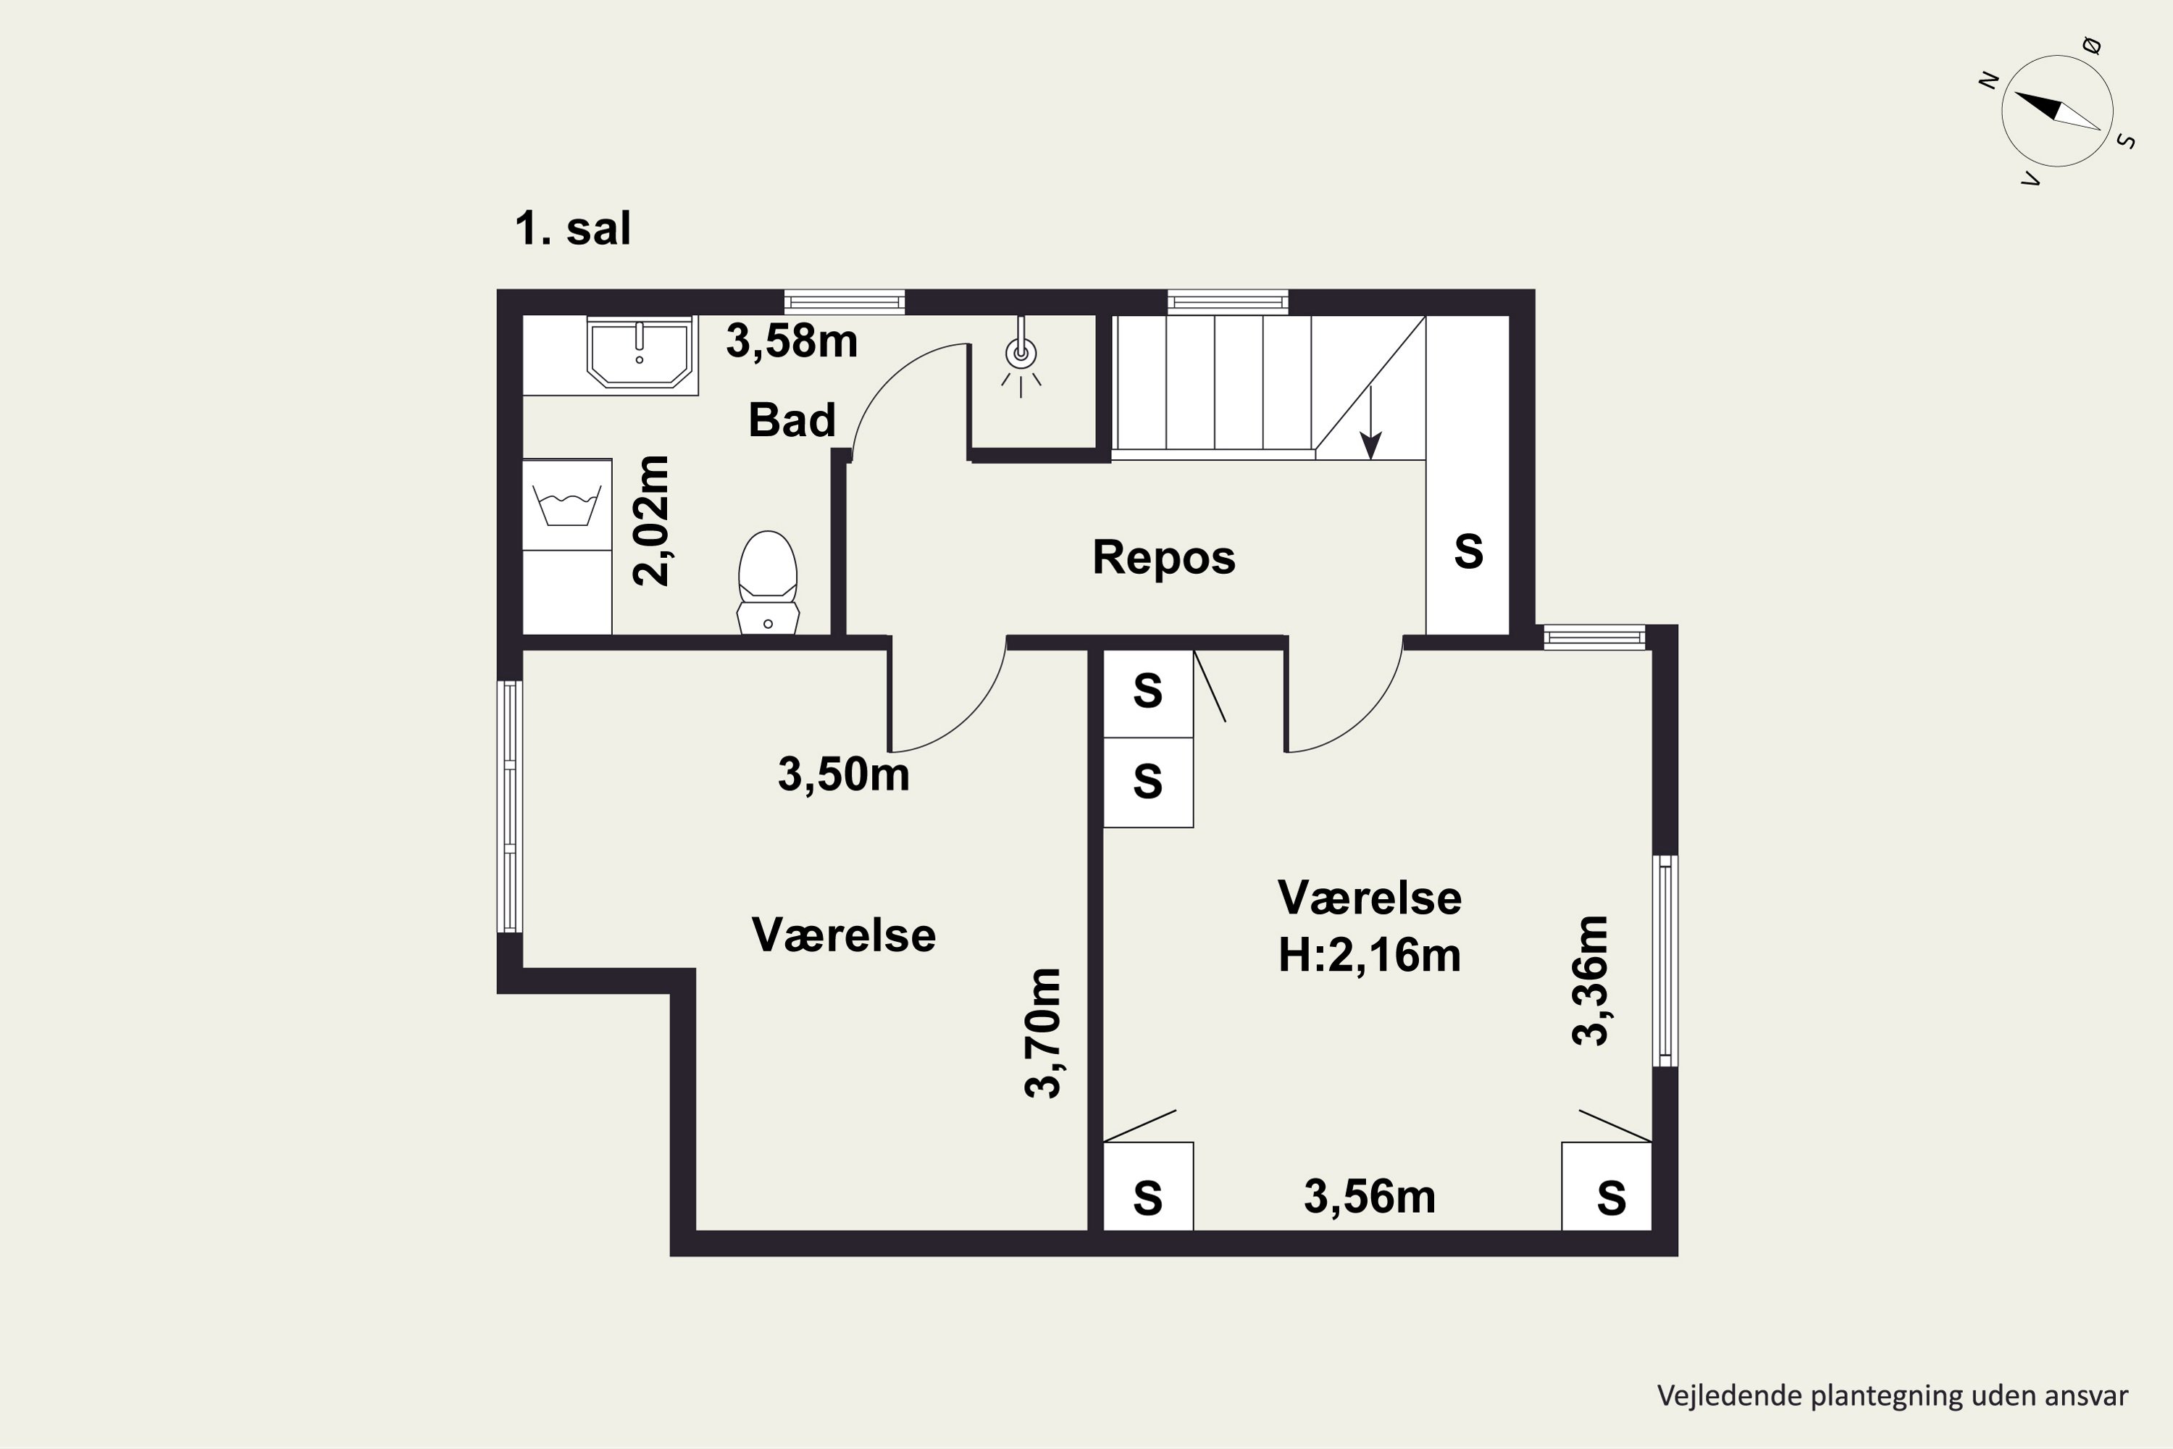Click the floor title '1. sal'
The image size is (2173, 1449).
point(573,228)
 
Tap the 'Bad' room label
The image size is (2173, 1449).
point(792,420)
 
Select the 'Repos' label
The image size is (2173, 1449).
point(1163,558)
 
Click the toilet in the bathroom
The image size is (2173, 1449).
point(768,582)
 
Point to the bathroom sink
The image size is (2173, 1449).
point(640,352)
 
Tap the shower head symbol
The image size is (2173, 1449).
point(1021,356)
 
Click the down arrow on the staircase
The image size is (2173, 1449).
point(1371,422)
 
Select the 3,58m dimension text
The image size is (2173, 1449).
point(792,341)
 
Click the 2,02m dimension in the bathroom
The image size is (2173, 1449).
point(651,520)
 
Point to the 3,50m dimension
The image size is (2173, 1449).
point(844,774)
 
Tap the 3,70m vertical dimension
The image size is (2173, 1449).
point(1043,1032)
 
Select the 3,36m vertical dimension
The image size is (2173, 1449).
point(1590,980)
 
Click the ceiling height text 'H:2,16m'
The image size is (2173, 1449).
point(1369,955)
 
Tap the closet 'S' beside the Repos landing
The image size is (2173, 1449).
point(1468,551)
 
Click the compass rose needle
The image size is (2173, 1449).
point(2058,112)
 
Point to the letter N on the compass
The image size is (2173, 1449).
point(1989,81)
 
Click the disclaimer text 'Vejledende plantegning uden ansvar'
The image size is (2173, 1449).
point(1892,1395)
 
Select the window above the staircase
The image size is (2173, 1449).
point(1228,301)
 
